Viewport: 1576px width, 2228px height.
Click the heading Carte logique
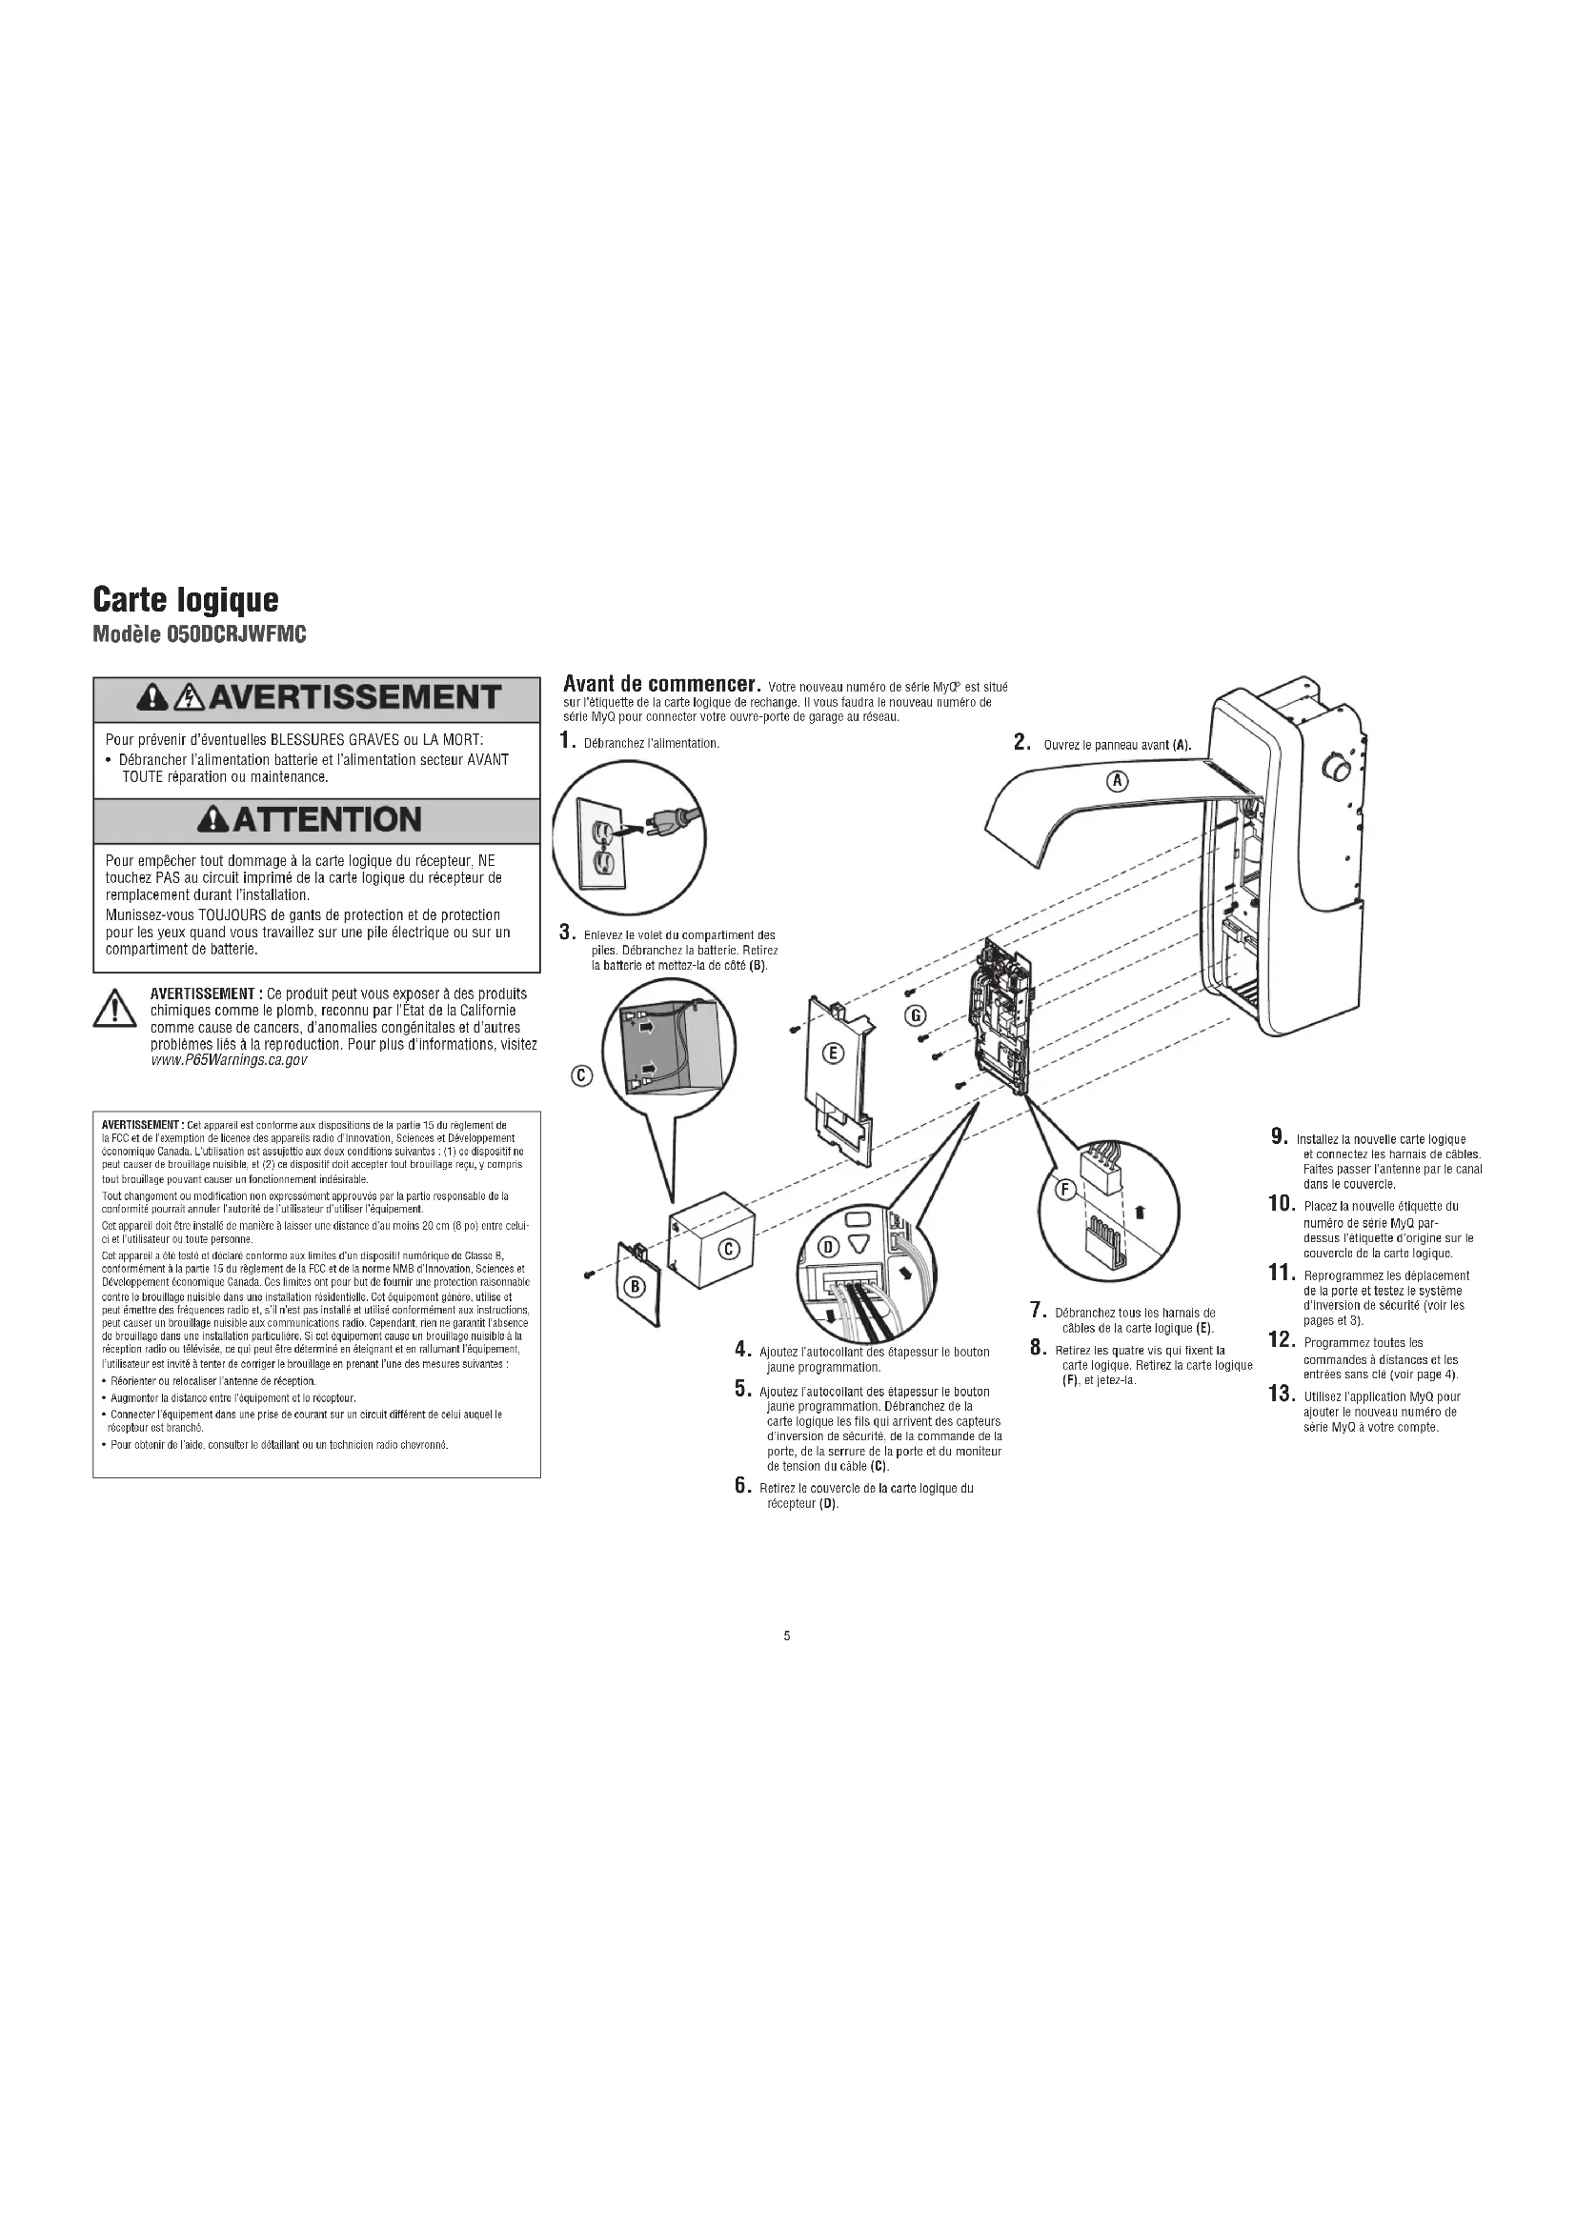coord(186,600)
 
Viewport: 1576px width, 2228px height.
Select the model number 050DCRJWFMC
coord(199,634)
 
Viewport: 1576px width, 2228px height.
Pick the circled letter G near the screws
coord(914,1015)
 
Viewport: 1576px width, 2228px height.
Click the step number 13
coord(1281,1394)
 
